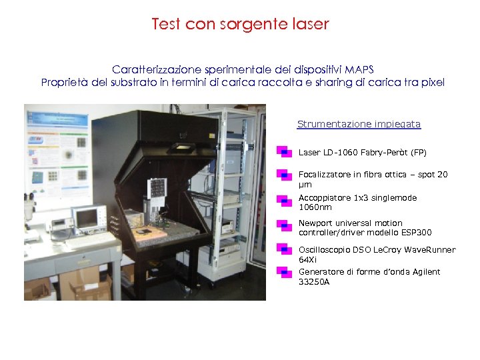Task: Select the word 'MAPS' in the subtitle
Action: pyautogui.click(x=359, y=69)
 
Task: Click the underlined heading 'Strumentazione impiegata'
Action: pyautogui.click(x=359, y=124)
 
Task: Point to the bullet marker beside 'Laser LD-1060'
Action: pyautogui.click(x=283, y=153)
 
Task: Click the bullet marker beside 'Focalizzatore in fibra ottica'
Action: pyautogui.click(x=283, y=175)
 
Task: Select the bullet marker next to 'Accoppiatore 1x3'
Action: pyautogui.click(x=283, y=199)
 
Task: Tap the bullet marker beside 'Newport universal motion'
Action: pyautogui.click(x=283, y=225)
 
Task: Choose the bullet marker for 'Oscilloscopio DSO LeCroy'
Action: pyautogui.click(x=283, y=249)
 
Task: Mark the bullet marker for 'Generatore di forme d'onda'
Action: pyautogui.click(x=283, y=272)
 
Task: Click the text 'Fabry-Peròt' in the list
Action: pyautogui.click(x=385, y=153)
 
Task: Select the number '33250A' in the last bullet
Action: pyautogui.click(x=314, y=282)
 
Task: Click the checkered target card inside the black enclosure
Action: pyautogui.click(x=158, y=188)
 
